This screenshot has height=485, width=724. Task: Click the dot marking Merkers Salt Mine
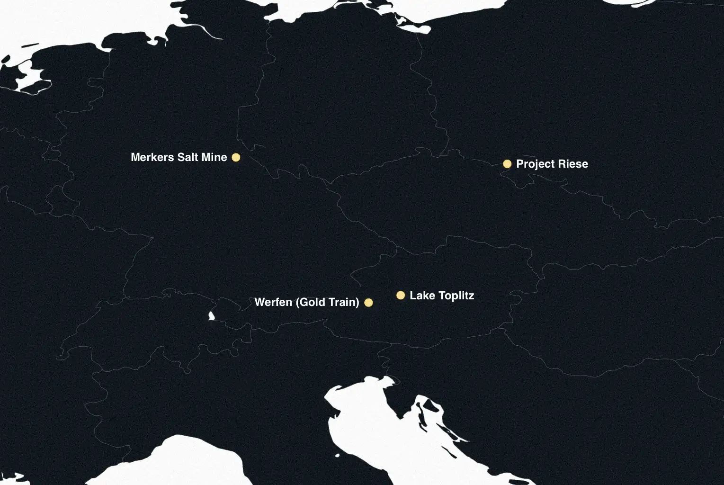point(236,157)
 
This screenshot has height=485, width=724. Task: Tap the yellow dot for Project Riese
point(507,164)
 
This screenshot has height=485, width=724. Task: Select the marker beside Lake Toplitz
point(401,296)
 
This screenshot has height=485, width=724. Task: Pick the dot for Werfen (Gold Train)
point(368,303)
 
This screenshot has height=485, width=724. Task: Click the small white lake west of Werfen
point(211,315)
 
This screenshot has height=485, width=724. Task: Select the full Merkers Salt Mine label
point(179,157)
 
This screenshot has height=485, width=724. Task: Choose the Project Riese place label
point(552,164)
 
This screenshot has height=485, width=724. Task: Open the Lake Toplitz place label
point(442,296)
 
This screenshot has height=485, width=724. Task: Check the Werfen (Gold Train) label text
point(307,302)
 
